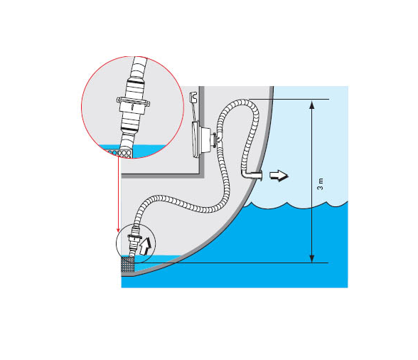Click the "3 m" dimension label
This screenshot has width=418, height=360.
320,184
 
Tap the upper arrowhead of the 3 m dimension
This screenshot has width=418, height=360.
311,104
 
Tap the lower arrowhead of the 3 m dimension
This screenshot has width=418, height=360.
311,258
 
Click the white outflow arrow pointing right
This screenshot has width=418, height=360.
279,176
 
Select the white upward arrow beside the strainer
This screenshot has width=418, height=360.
145,245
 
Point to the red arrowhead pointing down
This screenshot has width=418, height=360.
118,230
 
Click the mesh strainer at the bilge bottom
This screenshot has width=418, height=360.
128,265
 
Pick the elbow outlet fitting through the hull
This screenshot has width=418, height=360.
252,175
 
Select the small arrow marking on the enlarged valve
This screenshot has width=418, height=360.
132,107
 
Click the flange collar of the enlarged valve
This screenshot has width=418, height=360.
133,102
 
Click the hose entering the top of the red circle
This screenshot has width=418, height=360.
139,66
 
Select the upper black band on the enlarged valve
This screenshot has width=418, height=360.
136,80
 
